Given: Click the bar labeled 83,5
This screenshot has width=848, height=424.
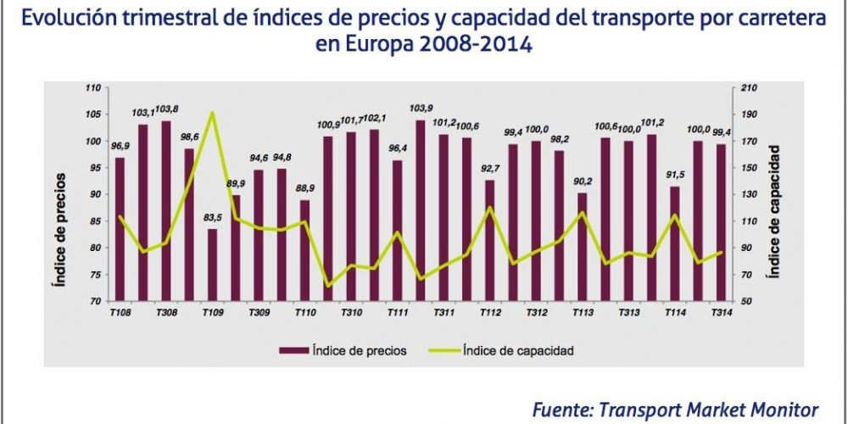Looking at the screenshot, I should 212,265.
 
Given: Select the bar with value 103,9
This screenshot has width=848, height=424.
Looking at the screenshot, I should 421,210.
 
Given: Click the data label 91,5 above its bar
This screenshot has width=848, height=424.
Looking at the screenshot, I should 674,176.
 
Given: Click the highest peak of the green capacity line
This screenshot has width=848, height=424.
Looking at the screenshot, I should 212,113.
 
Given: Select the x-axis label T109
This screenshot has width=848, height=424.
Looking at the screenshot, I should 212,314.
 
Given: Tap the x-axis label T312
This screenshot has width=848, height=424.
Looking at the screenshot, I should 536,314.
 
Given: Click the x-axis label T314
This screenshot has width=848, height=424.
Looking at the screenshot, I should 721,314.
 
